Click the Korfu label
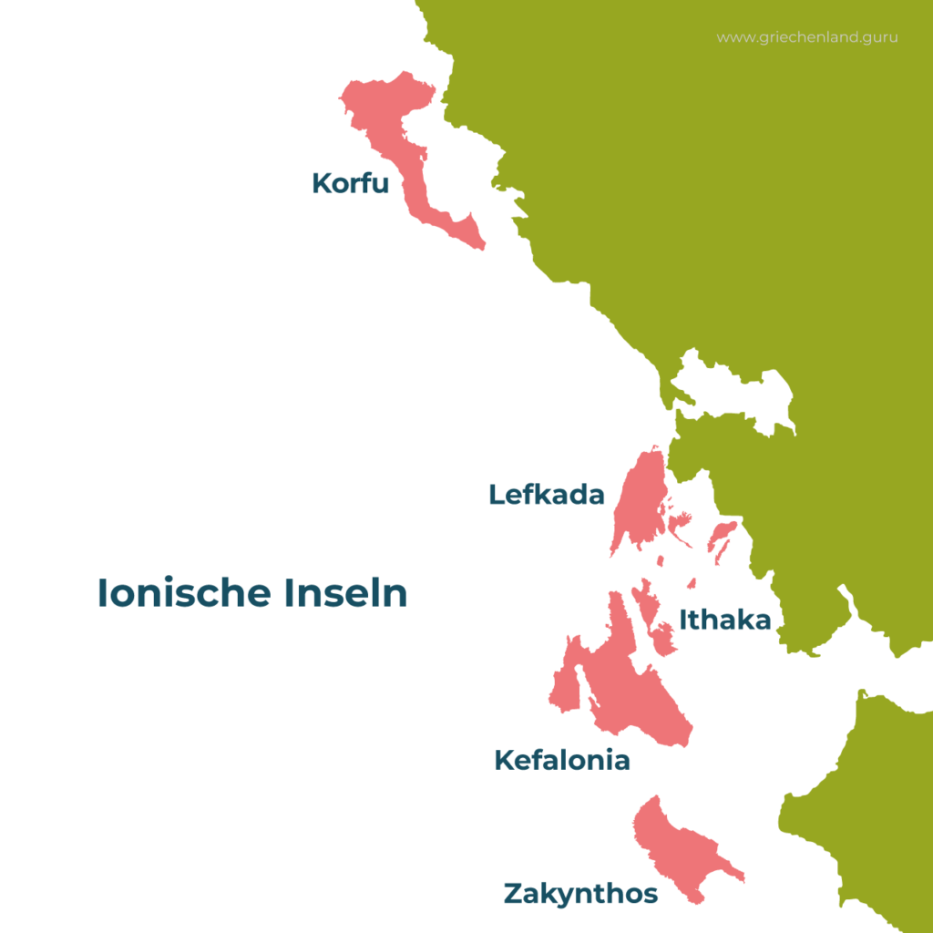[x=350, y=183]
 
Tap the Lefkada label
[x=547, y=495]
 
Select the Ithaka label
[x=725, y=620]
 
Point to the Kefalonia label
[x=561, y=760]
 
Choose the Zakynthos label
[x=580, y=894]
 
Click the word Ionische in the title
[x=184, y=594]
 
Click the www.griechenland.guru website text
[x=806, y=38]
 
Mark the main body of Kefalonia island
[x=638, y=692]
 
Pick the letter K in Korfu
[x=322, y=183]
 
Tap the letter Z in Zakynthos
[x=514, y=894]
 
